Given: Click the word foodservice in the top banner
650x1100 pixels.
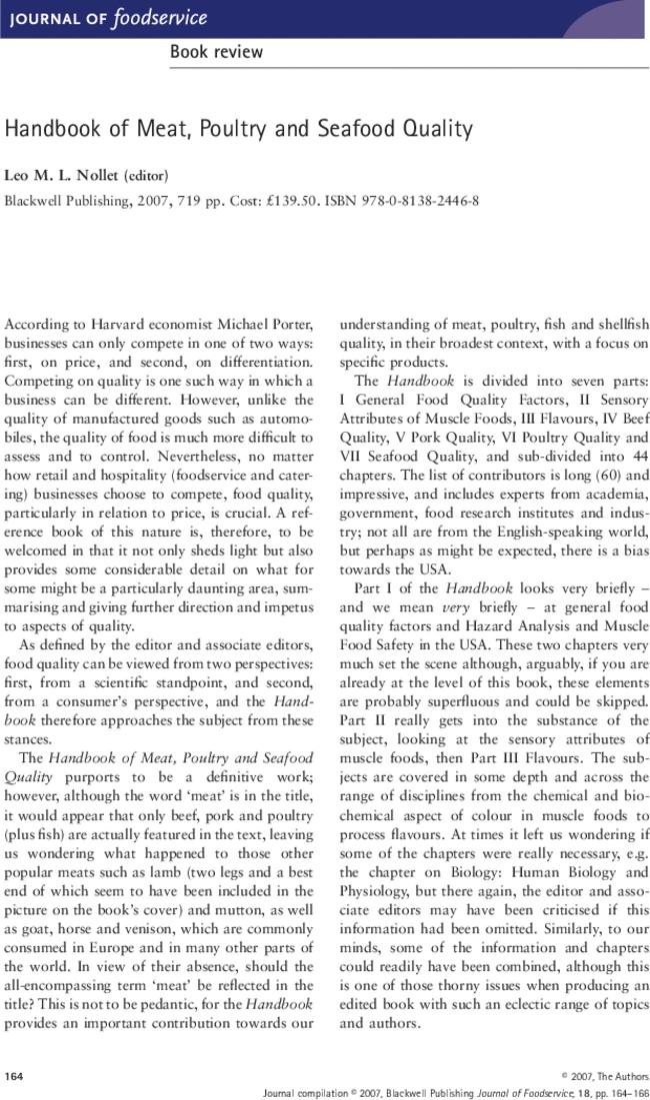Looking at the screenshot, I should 161,18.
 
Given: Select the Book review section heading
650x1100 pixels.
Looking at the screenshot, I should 216,52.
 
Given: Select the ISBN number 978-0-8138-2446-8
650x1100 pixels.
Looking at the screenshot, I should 420,200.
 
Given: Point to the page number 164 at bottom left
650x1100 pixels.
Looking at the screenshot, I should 14,1076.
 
